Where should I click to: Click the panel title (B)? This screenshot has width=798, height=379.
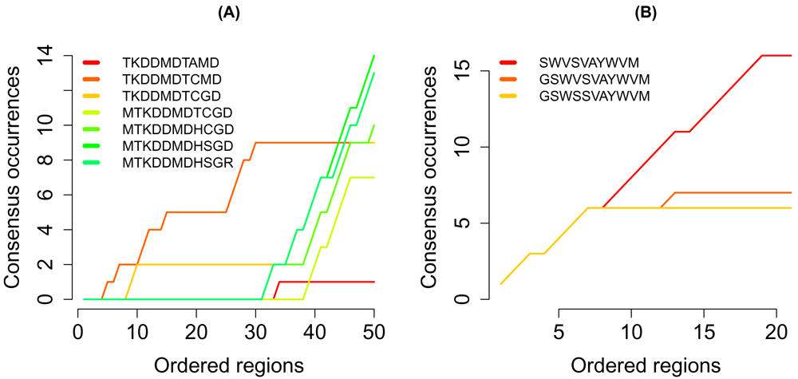(x=645, y=14)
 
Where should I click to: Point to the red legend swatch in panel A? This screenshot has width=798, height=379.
(x=93, y=62)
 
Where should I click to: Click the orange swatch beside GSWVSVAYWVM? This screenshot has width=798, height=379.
(x=511, y=79)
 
